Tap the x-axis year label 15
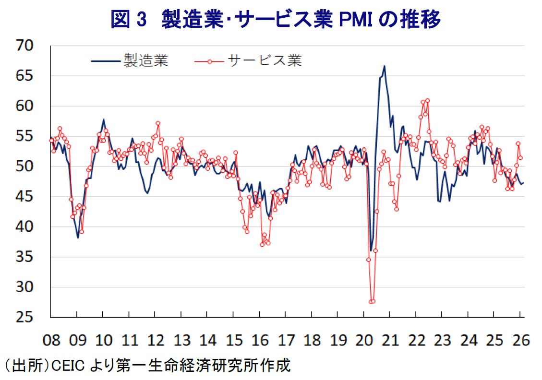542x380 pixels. click(x=234, y=341)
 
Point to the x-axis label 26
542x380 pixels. click(x=521, y=341)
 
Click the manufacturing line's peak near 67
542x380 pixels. click(x=385, y=66)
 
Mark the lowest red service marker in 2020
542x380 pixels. click(x=371, y=301)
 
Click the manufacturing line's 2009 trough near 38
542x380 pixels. click(x=78, y=237)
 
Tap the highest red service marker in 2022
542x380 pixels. click(x=427, y=100)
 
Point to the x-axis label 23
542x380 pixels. click(x=443, y=341)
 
